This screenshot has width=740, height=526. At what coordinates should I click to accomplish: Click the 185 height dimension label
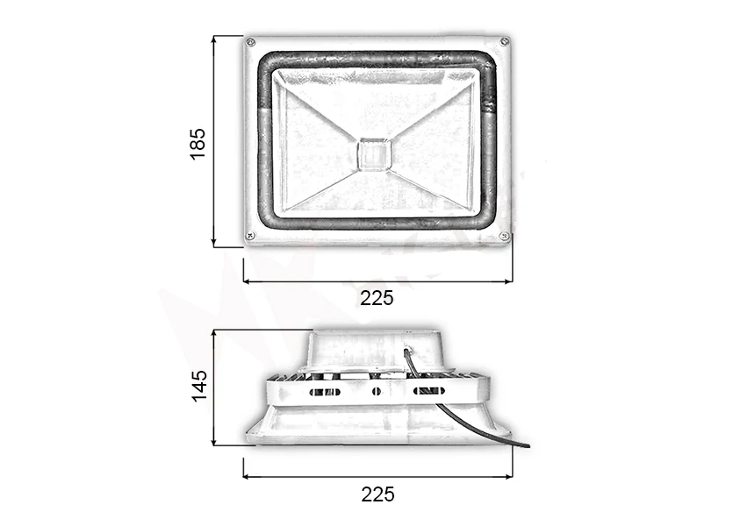(198, 143)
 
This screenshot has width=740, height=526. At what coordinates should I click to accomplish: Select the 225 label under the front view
(377, 298)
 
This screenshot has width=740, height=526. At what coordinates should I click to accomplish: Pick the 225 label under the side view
(377, 494)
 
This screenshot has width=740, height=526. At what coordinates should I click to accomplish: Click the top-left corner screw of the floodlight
(250, 42)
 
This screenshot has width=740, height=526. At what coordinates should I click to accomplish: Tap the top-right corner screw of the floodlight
(504, 41)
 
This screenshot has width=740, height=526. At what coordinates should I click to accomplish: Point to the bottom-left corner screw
(250, 235)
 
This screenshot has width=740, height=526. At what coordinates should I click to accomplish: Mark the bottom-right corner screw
(504, 236)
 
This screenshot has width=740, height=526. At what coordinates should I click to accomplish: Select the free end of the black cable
(528, 445)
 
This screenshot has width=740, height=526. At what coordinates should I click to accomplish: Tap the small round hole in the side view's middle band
(376, 390)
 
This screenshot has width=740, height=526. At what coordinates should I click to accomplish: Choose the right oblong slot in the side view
(427, 390)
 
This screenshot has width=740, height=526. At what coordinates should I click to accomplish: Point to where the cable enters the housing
(406, 350)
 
